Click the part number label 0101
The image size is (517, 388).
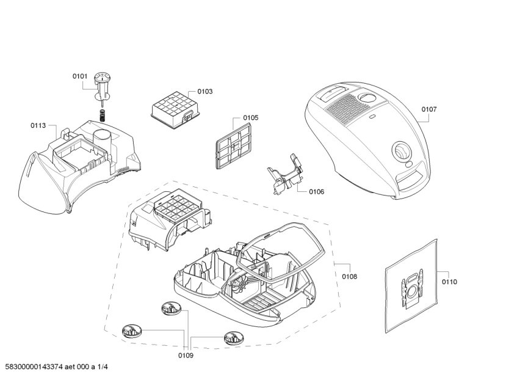pyautogui.click(x=81, y=76)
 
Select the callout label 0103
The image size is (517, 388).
pyautogui.click(x=205, y=92)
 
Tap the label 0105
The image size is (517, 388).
pyautogui.click(x=250, y=118)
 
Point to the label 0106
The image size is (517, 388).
pyautogui.click(x=316, y=192)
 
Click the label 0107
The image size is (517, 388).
pyautogui.click(x=429, y=109)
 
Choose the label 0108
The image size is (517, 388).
pyautogui.click(x=349, y=277)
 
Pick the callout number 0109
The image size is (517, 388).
pyautogui.click(x=186, y=356)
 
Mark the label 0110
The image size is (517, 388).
pyautogui.click(x=449, y=282)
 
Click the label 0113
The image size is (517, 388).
pyautogui.click(x=38, y=125)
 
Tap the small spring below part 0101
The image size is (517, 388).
pyautogui.click(x=102, y=115)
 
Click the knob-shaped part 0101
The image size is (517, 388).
pyautogui.click(x=102, y=82)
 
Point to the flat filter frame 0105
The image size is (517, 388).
pyautogui.click(x=233, y=144)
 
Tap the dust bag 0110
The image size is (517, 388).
pyautogui.click(x=412, y=285)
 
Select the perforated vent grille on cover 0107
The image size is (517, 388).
pyautogui.click(x=346, y=110)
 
